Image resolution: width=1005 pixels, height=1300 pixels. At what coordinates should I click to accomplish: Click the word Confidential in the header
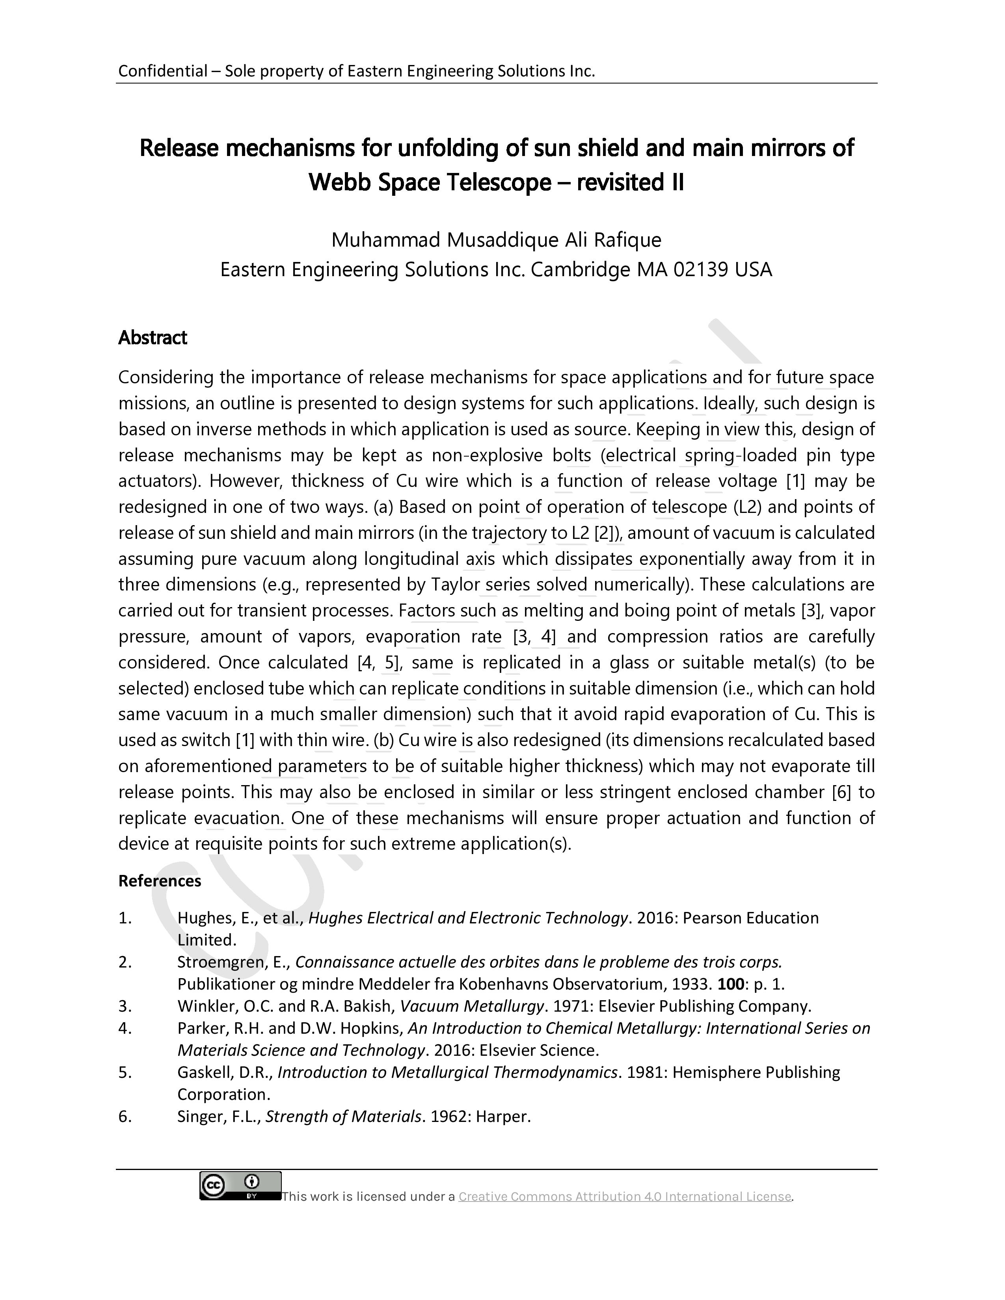click(154, 71)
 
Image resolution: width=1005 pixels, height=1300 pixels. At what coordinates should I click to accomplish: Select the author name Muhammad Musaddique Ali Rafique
click(496, 240)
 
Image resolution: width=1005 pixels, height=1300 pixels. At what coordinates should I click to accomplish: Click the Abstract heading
click(153, 338)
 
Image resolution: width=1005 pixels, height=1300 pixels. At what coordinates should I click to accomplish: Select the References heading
click(160, 880)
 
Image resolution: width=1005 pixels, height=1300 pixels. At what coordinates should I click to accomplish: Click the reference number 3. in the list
click(125, 1006)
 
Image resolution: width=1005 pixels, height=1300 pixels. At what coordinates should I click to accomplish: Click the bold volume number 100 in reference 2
click(731, 984)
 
